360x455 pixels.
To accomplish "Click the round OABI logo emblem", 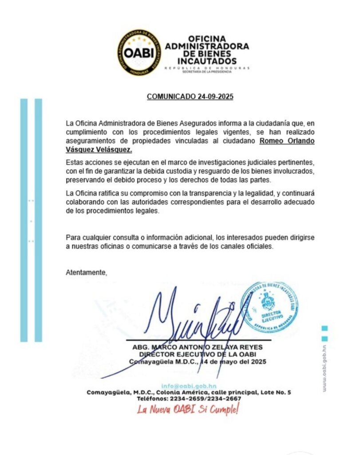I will pos(139,52).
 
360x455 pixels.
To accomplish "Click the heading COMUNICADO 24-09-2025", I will pos(190,96).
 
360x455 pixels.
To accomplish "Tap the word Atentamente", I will pos(87,272).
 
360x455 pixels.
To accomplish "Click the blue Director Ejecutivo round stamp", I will pos(269,307).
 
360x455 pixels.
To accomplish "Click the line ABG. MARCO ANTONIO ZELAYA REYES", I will pos(198,347).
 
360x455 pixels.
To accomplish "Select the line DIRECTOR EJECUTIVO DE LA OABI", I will pos(198,354).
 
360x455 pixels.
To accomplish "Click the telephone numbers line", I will pos(189,399).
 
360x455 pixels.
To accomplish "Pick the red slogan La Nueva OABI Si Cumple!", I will pos(188,410).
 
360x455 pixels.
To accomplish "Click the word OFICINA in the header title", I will pos(206,39).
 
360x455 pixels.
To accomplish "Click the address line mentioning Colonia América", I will pos(189,392).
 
